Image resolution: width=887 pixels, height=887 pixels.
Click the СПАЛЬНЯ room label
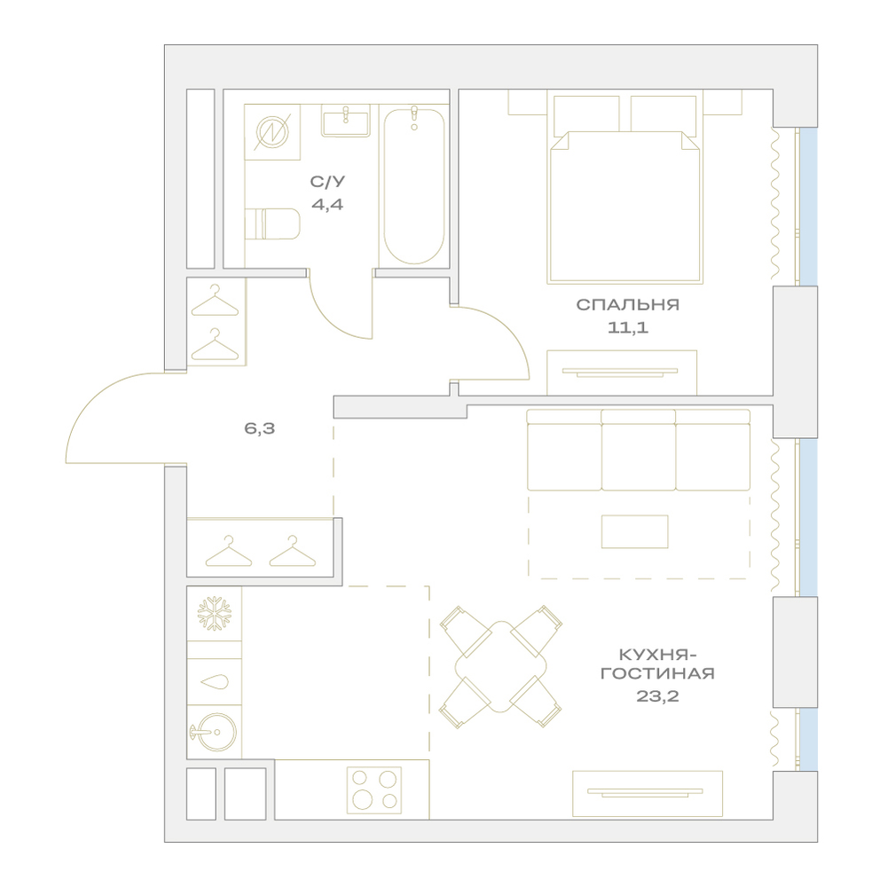pos(627,305)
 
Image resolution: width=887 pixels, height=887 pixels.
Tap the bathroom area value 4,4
pos(327,204)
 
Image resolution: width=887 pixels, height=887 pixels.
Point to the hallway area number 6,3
pos(260,428)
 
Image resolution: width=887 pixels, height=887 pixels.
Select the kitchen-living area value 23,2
pos(657,695)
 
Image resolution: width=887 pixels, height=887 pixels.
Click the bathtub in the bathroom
pos(414,185)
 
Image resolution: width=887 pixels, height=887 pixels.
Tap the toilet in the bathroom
pos(272,224)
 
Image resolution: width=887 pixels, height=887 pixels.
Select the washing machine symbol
pos(272,132)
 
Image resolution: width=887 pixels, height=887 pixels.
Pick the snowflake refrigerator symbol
pos(215,614)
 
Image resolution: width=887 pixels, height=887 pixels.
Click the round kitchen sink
pos(215,732)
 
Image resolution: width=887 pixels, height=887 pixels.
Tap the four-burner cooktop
pos(374,790)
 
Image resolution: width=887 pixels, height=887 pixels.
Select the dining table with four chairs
pos(501,666)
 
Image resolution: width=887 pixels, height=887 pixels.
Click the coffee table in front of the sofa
pos(635,531)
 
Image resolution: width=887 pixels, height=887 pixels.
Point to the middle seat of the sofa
pos(638,451)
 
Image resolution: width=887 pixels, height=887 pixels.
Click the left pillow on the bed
pos(586,115)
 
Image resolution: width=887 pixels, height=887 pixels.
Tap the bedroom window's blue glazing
pos(808,207)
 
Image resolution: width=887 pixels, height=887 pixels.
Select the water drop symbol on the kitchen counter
pos(215,681)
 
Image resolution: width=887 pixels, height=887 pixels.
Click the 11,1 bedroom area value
pos(628,327)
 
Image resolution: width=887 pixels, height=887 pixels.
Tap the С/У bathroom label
pos(327,182)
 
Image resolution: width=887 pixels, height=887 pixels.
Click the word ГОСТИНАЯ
pos(657,673)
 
